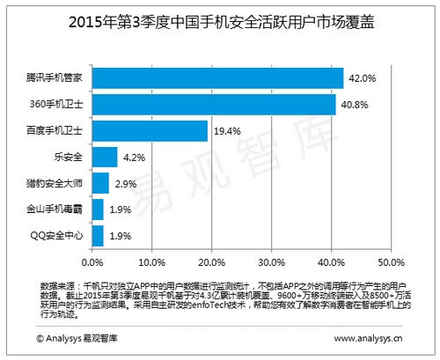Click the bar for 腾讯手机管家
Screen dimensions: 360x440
click(x=216, y=78)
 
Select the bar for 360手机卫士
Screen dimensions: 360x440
click(x=213, y=105)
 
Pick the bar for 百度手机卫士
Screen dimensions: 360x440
click(x=149, y=131)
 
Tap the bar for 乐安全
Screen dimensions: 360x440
click(x=104, y=158)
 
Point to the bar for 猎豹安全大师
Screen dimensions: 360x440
click(x=99, y=183)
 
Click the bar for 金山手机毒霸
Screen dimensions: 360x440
click(x=97, y=209)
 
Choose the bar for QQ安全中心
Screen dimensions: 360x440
click(x=97, y=235)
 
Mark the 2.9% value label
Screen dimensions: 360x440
click(x=126, y=183)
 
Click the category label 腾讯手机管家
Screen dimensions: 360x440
click(x=56, y=78)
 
